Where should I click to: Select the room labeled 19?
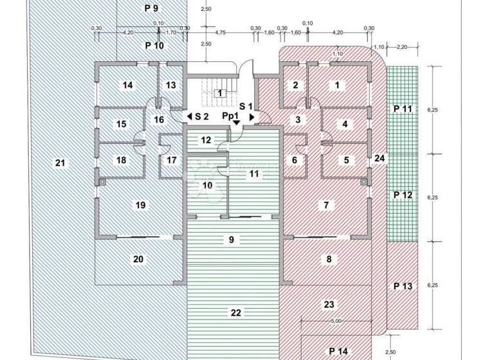coord(141,205)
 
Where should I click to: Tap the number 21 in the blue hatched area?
coord(60,163)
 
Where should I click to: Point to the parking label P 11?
coord(402,109)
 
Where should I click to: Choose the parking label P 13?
coord(402,286)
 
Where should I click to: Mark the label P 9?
coord(151,9)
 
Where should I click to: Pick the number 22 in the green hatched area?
coord(235,312)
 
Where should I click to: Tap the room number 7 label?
coord(327,205)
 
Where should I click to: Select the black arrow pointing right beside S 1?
coord(252,116)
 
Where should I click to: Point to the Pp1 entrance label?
coord(232,116)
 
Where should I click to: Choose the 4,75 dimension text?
coord(220,32)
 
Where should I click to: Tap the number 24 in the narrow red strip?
coord(380,158)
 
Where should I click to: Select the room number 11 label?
coord(253,174)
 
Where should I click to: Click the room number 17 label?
coord(172,159)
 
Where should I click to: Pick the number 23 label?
coord(329,305)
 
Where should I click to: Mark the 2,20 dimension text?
coord(403,47)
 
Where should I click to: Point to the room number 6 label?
coord(295,160)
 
